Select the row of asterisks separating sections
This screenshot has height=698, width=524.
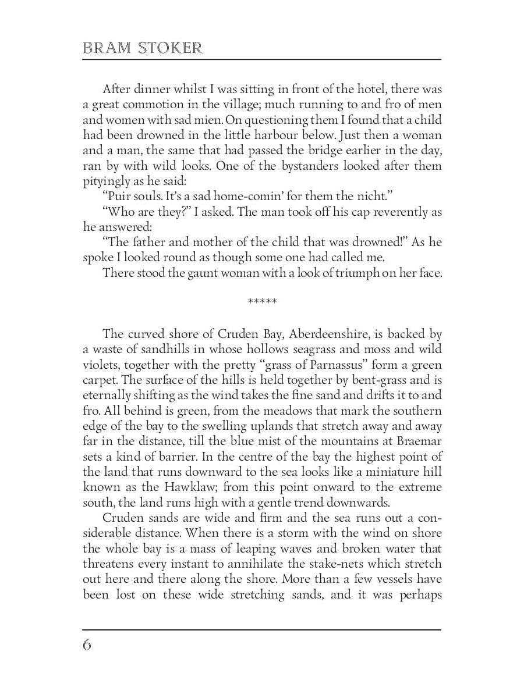click(x=262, y=301)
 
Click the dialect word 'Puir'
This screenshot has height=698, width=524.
click(x=119, y=197)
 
